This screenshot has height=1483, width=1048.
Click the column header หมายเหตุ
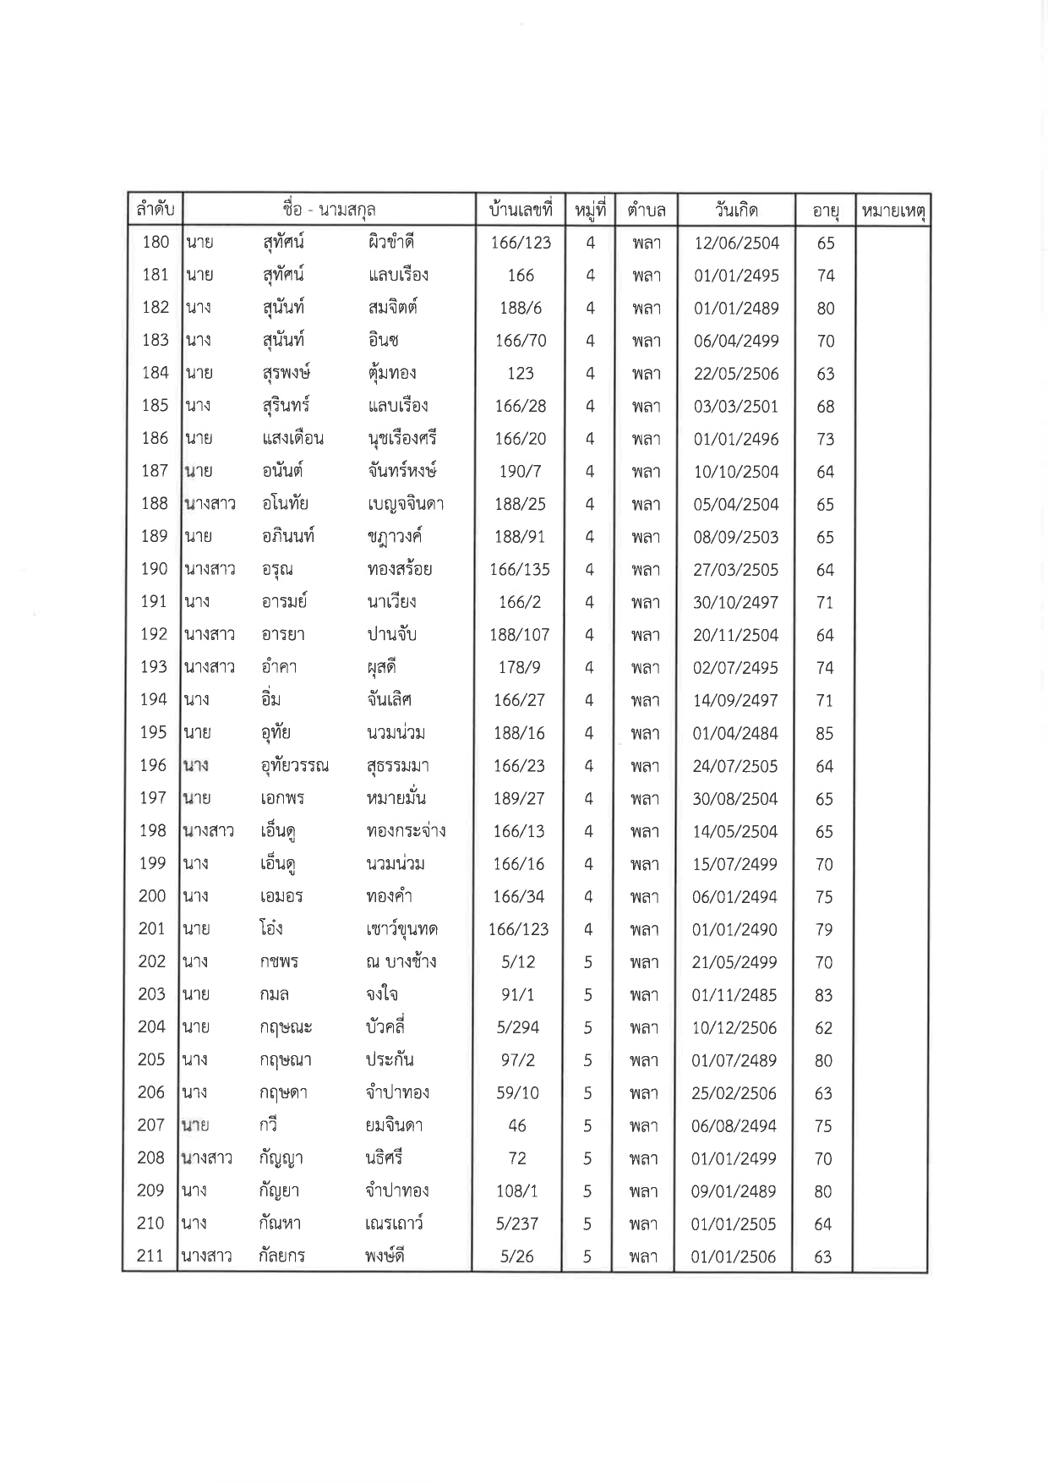tap(893, 211)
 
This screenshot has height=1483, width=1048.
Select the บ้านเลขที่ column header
tap(520, 210)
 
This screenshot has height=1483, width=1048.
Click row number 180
tap(156, 243)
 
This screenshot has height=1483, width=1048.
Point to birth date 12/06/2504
tap(736, 244)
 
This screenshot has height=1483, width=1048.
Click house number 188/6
tap(520, 308)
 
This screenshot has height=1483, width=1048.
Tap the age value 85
tap(824, 734)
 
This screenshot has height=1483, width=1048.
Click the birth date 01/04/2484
tap(735, 734)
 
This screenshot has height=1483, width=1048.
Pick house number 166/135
tap(520, 570)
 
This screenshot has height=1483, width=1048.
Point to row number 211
tap(150, 1256)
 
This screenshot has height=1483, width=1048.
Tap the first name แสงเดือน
tap(292, 439)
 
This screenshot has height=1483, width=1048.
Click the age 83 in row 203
tap(823, 995)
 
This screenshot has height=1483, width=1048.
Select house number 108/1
tap(517, 1191)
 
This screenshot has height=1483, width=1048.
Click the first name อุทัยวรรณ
tap(295, 767)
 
